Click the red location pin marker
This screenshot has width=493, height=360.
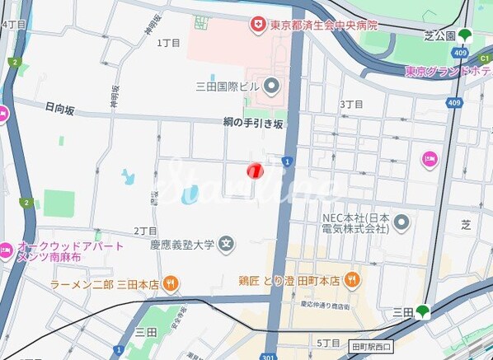tap(255, 171)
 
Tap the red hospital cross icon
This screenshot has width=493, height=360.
tap(259, 26)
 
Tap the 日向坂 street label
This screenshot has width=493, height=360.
tap(60, 108)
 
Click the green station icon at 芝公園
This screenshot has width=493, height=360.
tap(467, 36)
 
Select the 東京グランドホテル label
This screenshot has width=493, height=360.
tap(448, 72)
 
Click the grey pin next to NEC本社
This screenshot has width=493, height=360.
tap(401, 222)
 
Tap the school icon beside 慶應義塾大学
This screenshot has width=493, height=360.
tap(227, 244)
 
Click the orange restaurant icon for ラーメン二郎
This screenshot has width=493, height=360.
tap(170, 283)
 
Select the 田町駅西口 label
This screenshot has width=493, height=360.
tap(372, 346)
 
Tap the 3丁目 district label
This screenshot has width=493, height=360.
tap(351, 105)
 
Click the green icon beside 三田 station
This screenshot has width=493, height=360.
tap(422, 311)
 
